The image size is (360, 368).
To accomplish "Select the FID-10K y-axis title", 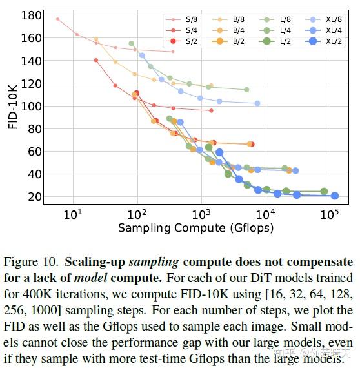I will (13, 106).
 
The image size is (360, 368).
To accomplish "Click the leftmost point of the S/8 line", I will (57, 19).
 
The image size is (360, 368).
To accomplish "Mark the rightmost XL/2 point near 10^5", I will (335, 196).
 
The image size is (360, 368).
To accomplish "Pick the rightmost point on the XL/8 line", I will (257, 103).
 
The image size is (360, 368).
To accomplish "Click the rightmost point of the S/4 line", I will (211, 110).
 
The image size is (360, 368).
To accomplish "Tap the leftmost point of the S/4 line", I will (96, 60).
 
